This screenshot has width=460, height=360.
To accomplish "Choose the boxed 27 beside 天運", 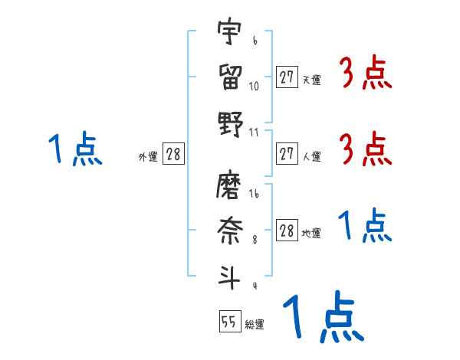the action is pyautogui.click(x=287, y=77).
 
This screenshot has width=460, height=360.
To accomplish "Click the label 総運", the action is pyautogui.click(x=255, y=325).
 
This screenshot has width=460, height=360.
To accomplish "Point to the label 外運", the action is pyautogui.click(x=148, y=157).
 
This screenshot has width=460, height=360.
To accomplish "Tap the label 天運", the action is pyautogui.click(x=311, y=80).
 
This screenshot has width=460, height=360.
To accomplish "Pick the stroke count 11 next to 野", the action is pyautogui.click(x=254, y=133).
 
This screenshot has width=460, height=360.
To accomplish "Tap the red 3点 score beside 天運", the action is pyautogui.click(x=365, y=74).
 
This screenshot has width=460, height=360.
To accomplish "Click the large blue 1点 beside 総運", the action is pyautogui.click(x=322, y=318).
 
